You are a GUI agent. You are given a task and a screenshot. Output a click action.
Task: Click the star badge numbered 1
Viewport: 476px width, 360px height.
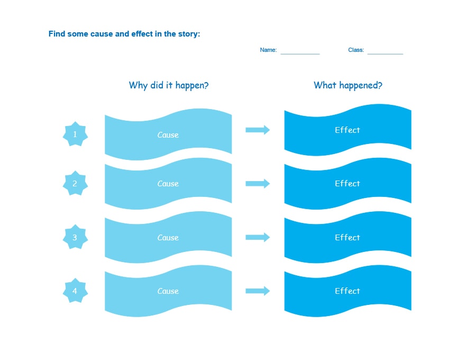coord(75,134)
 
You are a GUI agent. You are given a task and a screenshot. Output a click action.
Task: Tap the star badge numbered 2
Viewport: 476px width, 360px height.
coord(75,184)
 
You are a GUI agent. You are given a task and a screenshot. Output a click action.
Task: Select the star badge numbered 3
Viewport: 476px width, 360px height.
coord(75,238)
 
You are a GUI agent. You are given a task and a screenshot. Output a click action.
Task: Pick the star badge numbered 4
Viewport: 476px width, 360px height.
coord(75,291)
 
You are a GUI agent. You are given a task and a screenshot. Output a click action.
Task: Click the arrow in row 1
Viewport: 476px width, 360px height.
coord(258,130)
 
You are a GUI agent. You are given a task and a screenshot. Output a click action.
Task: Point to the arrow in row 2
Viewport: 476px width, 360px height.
coord(258,184)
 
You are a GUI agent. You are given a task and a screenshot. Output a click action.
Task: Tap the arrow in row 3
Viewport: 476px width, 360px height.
coord(258,238)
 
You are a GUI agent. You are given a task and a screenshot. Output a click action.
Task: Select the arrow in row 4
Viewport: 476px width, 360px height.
coord(258,291)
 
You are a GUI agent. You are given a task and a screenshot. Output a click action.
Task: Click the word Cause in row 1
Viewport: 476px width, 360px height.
coord(168,135)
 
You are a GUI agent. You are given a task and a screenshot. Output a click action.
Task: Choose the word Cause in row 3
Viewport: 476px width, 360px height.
coord(168,238)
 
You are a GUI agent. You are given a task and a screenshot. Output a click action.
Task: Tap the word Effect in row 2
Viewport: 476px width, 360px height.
coord(347,184)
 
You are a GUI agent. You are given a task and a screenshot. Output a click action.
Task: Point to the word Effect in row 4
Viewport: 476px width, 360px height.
coord(347,291)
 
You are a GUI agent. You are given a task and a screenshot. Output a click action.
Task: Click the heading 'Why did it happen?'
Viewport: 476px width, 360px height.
coord(169,85)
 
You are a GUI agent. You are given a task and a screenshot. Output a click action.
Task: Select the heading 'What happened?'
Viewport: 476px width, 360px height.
coord(348,85)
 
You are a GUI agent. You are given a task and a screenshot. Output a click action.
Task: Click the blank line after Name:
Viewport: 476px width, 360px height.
coord(300,52)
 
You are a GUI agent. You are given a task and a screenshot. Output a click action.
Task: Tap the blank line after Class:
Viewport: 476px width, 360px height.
coord(385,52)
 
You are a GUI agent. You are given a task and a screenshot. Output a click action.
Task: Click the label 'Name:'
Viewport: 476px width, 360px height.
coord(268,50)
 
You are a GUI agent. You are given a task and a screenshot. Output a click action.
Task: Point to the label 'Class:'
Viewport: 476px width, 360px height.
coord(356,50)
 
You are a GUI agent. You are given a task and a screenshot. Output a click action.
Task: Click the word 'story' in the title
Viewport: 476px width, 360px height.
coord(188,34)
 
